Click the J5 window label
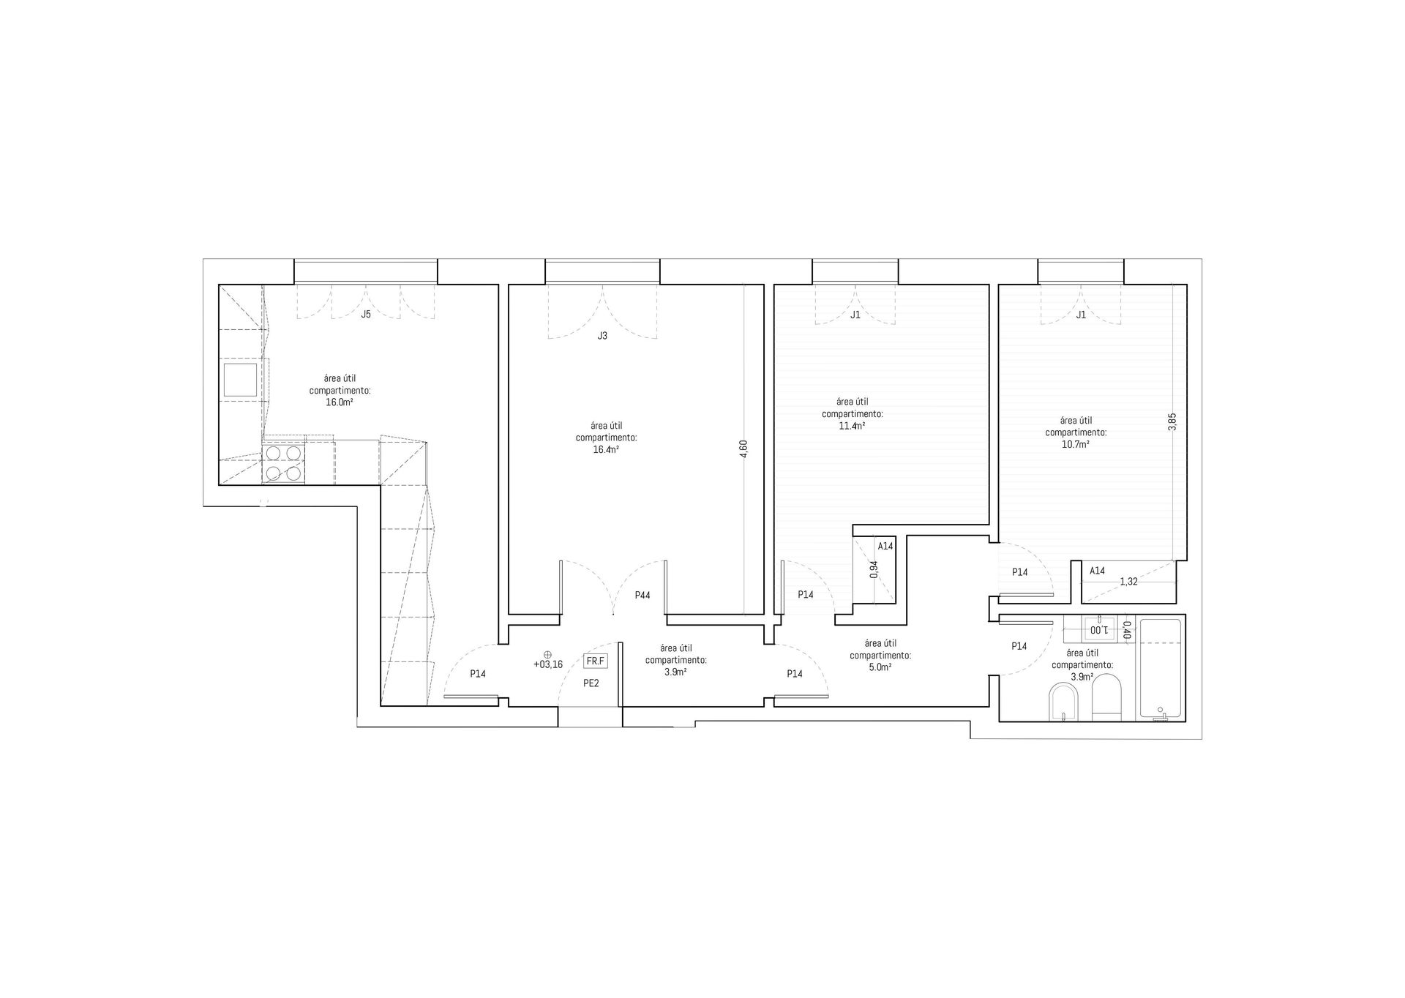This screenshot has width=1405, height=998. click(366, 315)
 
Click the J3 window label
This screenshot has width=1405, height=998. click(602, 336)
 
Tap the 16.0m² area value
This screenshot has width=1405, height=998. click(340, 402)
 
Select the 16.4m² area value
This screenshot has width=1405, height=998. click(606, 450)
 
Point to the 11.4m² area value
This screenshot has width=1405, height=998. click(852, 426)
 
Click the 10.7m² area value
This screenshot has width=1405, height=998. click(1076, 444)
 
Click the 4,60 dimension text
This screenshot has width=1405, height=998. click(744, 449)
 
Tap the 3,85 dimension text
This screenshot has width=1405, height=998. click(1172, 422)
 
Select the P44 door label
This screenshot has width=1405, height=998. click(642, 596)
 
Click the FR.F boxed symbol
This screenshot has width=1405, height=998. click(595, 661)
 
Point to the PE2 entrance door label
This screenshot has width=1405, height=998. click(591, 683)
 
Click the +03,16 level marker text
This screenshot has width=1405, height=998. click(548, 665)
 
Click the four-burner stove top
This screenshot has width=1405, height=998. click(284, 463)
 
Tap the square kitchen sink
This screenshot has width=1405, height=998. click(239, 380)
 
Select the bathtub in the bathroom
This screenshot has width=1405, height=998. click(1160, 669)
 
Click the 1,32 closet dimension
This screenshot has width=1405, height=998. click(1128, 582)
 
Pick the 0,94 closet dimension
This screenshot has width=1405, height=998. click(874, 570)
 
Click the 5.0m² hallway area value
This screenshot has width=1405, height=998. click(880, 667)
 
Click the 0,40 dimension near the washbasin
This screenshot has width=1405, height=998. click(1127, 629)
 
